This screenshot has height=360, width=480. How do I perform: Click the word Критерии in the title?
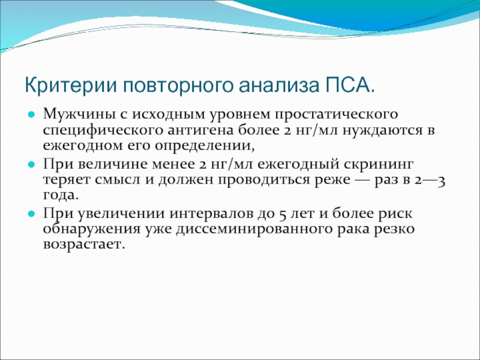tap(71, 85)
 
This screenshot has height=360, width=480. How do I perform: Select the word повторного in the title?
tap(178, 86)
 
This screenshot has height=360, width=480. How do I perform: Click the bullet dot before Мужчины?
tap(31, 115)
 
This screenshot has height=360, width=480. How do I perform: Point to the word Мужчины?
tap(81, 114)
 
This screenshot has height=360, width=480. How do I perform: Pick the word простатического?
tap(336, 115)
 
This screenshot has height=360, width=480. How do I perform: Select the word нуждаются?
tap(379, 131)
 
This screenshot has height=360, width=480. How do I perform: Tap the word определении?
tap(205, 146)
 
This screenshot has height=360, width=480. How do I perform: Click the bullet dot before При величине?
tap(31, 165)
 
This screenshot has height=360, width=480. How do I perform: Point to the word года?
tap(61, 196)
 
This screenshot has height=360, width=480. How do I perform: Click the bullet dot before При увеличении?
tap(31, 214)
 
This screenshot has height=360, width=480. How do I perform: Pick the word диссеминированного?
tap(254, 229)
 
